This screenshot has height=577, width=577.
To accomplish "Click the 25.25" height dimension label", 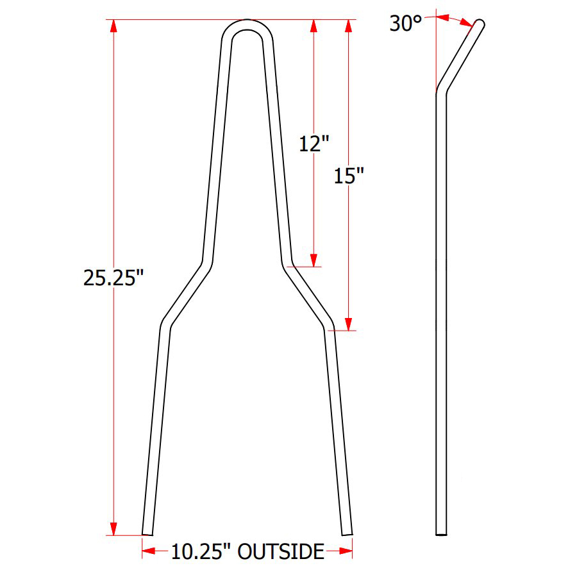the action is (113, 278).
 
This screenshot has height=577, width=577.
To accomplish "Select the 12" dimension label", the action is (314, 144).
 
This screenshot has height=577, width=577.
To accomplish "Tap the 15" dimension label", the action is (349, 176).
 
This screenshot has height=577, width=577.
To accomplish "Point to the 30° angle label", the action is (406, 24).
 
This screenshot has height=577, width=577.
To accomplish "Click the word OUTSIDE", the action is (281, 551).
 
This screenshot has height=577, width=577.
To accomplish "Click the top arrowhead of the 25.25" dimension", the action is (113, 26).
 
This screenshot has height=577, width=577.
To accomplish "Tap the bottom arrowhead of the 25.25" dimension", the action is (113, 528).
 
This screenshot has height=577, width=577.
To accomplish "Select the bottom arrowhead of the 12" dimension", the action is (314, 260).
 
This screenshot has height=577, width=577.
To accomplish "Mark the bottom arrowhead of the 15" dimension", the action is (349, 324).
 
